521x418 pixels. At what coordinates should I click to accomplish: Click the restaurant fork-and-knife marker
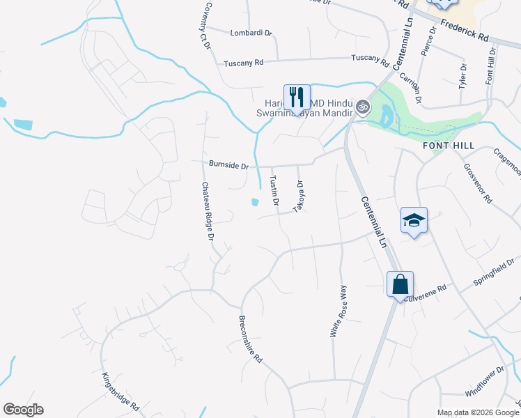click(297, 98)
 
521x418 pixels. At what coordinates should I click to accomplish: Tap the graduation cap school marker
click(414, 220)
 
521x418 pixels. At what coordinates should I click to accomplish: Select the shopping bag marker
click(400, 284)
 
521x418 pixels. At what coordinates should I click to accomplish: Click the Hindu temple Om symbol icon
click(361, 107)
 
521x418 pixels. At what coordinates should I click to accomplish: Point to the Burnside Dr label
click(228, 165)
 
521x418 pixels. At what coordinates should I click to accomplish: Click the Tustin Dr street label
click(274, 190)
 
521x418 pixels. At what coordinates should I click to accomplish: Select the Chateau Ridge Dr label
click(207, 211)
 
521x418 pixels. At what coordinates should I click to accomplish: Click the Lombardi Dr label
click(251, 32)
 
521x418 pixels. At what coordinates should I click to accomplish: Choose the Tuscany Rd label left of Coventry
click(243, 63)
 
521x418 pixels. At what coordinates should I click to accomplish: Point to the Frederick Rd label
click(464, 31)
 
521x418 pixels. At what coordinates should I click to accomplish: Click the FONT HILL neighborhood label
click(449, 146)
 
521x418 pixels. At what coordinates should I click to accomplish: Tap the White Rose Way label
click(339, 311)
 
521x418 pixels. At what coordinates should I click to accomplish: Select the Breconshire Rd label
click(250, 339)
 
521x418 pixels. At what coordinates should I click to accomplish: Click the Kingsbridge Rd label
click(120, 391)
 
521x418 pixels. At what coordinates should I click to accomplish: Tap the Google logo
click(23, 410)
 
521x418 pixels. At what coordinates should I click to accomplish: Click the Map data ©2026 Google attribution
click(478, 412)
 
